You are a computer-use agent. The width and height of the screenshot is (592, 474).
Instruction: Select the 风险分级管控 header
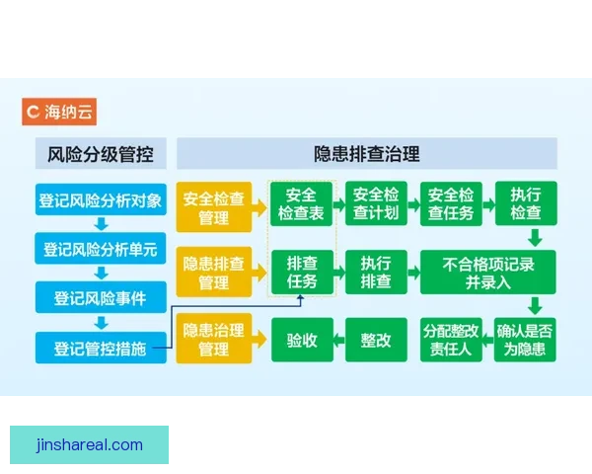point(101,154)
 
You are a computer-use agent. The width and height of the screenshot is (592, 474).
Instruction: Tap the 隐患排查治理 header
point(367,154)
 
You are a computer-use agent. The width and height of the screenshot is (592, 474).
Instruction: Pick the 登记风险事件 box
point(101,297)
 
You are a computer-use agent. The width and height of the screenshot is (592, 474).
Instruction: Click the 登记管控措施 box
point(101,347)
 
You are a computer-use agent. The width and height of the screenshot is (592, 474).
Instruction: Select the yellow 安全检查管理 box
point(214,204)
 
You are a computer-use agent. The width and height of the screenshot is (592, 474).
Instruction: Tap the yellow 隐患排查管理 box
point(214,273)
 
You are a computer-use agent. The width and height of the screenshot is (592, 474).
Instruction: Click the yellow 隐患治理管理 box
point(214,340)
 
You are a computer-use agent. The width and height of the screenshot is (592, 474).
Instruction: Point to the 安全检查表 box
point(300,204)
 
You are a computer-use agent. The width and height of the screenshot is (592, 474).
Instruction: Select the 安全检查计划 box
point(376,204)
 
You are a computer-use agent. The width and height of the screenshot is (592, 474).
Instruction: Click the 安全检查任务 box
point(452,204)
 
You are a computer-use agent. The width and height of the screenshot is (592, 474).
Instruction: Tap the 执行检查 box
point(526,204)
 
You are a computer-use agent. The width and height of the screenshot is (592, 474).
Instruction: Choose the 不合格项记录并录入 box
point(488,273)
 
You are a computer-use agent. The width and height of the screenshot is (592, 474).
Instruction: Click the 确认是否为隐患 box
point(526,340)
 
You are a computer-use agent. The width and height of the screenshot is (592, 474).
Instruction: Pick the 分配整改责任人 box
point(452,340)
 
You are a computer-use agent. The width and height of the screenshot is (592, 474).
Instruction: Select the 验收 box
point(301,340)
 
